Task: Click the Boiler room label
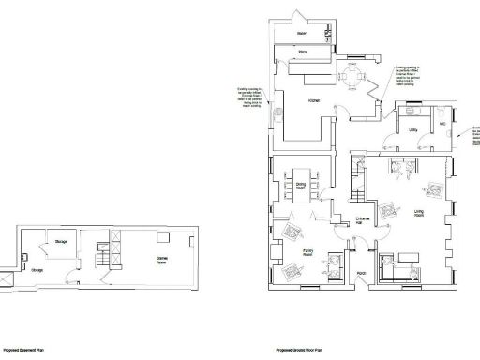pos(302,34)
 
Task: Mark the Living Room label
pos(420,213)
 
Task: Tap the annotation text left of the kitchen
pos(250,97)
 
